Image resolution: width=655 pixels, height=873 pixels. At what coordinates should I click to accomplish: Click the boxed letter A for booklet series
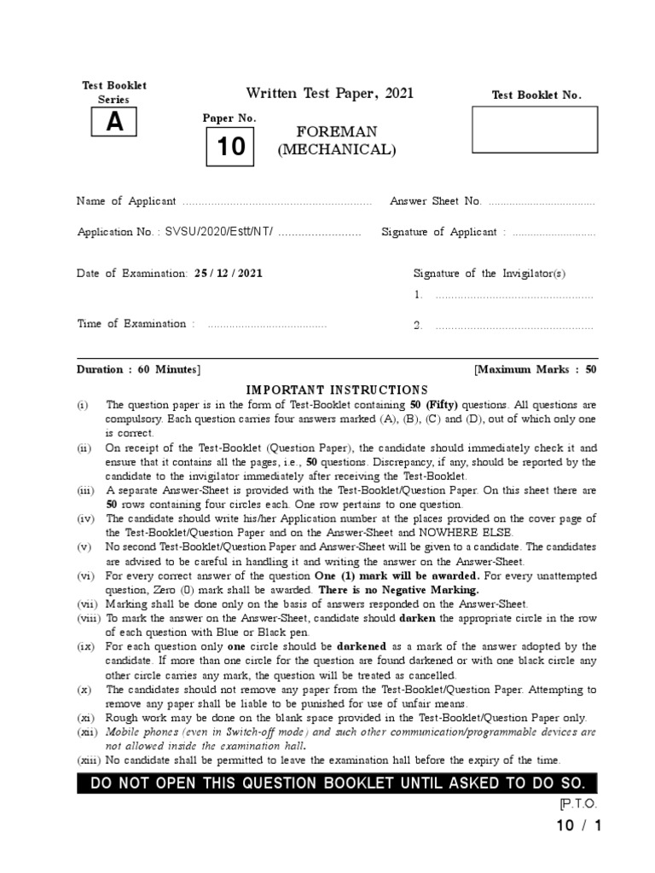pyautogui.click(x=114, y=124)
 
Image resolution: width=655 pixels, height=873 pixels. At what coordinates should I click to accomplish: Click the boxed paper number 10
pyautogui.click(x=229, y=147)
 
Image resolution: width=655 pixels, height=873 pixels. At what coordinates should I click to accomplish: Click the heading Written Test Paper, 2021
pyautogui.click(x=330, y=93)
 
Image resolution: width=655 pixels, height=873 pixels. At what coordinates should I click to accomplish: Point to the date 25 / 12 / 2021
pyautogui.click(x=229, y=274)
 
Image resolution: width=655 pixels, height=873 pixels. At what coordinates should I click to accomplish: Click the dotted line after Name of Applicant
pyautogui.click(x=277, y=202)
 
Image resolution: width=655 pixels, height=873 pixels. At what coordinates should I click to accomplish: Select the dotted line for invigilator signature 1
pyautogui.click(x=513, y=296)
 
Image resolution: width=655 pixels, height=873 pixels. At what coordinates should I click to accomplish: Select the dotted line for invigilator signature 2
pyautogui.click(x=513, y=327)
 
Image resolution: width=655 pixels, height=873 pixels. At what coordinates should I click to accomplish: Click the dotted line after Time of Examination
pyautogui.click(x=266, y=325)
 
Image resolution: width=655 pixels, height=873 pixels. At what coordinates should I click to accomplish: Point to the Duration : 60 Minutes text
pyautogui.click(x=139, y=370)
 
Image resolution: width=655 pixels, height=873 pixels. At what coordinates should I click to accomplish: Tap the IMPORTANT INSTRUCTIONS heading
pyautogui.click(x=337, y=390)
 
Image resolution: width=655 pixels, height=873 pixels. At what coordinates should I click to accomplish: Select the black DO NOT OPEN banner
pyautogui.click(x=337, y=783)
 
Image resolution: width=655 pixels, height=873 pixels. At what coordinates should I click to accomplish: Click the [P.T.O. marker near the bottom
pyautogui.click(x=578, y=804)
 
